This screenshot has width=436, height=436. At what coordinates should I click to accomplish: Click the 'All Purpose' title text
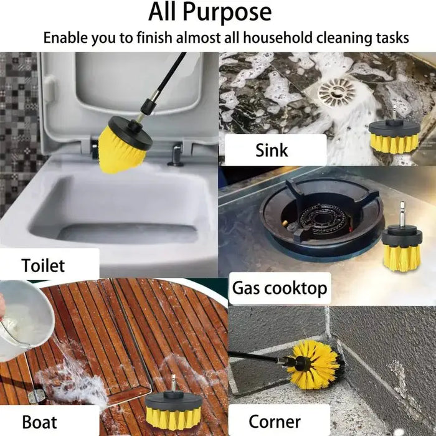click(211, 12)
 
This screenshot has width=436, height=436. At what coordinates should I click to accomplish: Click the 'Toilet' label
click(44, 265)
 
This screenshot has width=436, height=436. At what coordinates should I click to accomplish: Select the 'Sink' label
click(272, 150)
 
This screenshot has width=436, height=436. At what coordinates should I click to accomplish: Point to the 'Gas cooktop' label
click(280, 288)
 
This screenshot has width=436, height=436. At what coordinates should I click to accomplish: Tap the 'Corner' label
click(275, 422)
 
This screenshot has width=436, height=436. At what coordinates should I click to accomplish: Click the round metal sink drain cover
click(336, 93)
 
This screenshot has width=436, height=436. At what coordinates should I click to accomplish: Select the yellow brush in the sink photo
click(394, 137)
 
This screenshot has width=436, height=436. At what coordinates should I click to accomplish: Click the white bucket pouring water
click(25, 311)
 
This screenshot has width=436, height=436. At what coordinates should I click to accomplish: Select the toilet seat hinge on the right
click(177, 153)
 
